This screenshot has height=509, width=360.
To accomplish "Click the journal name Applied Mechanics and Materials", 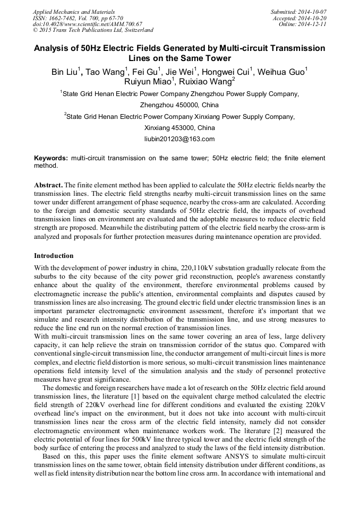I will coord(73,11).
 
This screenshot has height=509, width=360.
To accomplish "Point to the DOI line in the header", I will coord(88,24).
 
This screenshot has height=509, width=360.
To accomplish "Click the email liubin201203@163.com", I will coord(179,139).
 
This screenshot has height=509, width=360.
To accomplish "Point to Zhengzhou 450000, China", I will coord(179,105).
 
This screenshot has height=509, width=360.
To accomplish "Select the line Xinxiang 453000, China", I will coord(179,128).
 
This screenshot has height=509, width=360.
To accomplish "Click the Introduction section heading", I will coord(54,256).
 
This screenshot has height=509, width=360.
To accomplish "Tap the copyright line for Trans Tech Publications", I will coord(93,30).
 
